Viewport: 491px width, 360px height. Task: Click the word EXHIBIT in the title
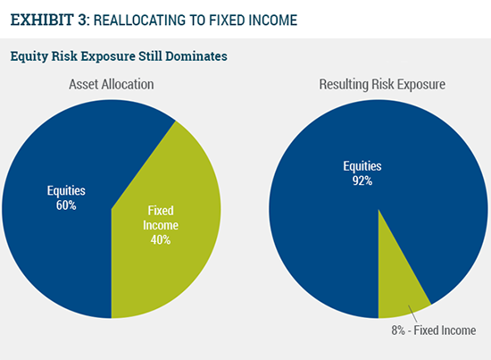tap(42, 20)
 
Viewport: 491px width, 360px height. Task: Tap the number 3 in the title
tap(83, 20)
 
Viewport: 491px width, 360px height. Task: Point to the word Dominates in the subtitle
tap(196, 56)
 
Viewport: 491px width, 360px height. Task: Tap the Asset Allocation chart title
tap(112, 84)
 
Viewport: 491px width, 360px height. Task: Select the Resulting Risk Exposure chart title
tap(382, 85)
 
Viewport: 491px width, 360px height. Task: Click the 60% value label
tap(66, 205)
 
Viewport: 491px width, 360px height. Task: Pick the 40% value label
tap(161, 240)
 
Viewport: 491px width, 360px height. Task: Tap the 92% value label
tap(362, 180)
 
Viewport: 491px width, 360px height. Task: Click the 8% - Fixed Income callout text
tap(434, 331)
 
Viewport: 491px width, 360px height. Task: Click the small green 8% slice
tap(396, 289)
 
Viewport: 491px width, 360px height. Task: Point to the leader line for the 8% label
tap(412, 314)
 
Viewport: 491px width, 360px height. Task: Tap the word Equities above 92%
tap(362, 166)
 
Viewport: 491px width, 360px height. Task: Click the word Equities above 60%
tap(66, 190)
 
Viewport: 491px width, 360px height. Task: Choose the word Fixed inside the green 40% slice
tap(161, 211)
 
